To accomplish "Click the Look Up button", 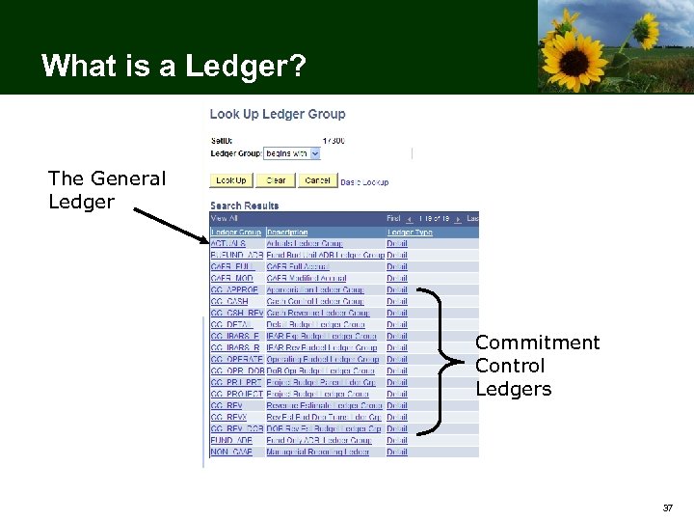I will point(230,180).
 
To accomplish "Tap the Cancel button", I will point(316,180).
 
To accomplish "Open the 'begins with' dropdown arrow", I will point(315,153).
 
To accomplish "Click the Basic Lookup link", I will point(364,181).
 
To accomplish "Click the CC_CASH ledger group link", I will point(228,302).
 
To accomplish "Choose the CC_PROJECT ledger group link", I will point(234,394).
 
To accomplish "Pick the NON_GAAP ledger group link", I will point(231,452).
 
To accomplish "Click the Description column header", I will point(287,233).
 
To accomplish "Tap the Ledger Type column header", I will point(410,233).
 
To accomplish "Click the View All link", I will point(224,219).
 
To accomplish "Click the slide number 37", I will point(667,507).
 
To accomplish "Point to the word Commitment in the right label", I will point(537,343).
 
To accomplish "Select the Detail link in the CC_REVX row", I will point(397,417).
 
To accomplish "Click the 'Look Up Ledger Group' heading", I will point(278,114).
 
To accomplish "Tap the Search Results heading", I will point(245,206).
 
